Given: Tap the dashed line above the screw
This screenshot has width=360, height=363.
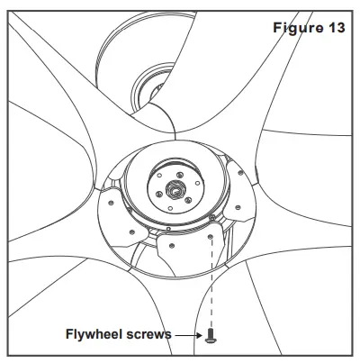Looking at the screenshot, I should tap(211, 279).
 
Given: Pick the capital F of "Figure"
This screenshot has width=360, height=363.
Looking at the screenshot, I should tap(276, 27).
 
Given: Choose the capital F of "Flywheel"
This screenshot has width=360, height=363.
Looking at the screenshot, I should tap(70, 334).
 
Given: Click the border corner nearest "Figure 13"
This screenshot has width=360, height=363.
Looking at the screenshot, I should tap(354, 8).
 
